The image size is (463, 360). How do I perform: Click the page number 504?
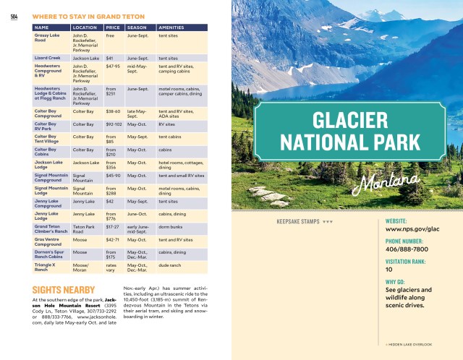(x=14, y=17)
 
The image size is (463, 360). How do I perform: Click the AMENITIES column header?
(x=171, y=27)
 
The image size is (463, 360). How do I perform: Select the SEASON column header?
(x=137, y=27)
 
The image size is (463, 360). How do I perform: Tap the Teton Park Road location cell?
(x=84, y=229)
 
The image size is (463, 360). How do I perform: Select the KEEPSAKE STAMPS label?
(x=299, y=221)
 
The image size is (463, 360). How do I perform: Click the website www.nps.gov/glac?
(x=412, y=229)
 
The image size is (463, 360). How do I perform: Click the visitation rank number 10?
(x=389, y=270)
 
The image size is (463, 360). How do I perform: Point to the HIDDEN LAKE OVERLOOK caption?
(x=409, y=343)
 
